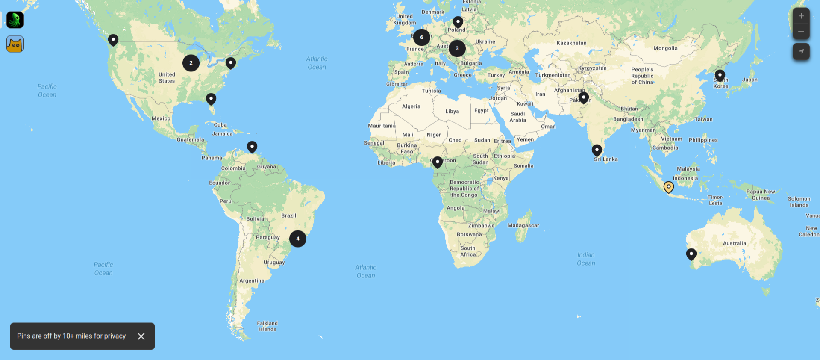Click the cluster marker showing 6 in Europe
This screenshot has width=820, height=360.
coord(421,38)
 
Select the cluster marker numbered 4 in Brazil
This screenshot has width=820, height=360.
coord(298,239)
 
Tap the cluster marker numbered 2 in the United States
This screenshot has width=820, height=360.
coord(191,63)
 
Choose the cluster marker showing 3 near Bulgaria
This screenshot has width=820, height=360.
coord(457,48)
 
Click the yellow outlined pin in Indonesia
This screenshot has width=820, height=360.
coord(668,187)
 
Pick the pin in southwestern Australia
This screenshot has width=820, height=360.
coord(691,254)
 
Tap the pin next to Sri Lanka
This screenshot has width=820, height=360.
coord(597,150)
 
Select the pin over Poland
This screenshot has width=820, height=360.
coord(458,21)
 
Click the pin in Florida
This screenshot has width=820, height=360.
coord(211,99)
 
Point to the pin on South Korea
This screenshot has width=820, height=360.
coord(720,75)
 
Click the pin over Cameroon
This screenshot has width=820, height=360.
coord(437,162)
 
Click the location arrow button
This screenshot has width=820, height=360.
coord(801,51)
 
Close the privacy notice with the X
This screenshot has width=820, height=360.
coord(141,336)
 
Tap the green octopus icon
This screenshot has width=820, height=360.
coord(15,20)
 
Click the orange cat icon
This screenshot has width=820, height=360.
coord(15,44)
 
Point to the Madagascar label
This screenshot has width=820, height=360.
coord(523,225)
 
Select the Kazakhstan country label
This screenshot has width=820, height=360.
coord(571,43)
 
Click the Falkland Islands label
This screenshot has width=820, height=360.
coord(267,326)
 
